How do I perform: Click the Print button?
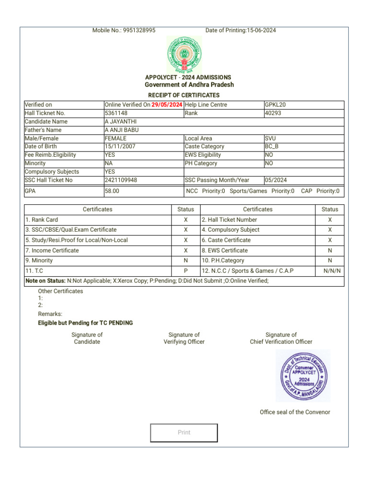coord(184,433)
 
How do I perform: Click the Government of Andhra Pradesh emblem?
coord(184,55)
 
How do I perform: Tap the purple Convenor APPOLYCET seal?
coord(303,375)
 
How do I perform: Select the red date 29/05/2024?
coord(167,105)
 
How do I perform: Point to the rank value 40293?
coord(273,114)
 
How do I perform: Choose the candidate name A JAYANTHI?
coord(120,122)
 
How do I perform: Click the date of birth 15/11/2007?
coord(119,147)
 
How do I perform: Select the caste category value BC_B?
coord(272,147)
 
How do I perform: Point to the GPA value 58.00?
coord(112,191)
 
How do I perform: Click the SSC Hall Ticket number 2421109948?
coord(121,180)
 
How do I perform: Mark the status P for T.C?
coord(185,271)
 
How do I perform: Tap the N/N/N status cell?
coord(332,271)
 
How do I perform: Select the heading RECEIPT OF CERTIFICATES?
coord(184,95)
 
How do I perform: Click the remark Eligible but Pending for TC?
coord(85,323)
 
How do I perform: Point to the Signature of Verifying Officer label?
coord(184,339)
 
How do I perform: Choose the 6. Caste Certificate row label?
coord(226,240)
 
